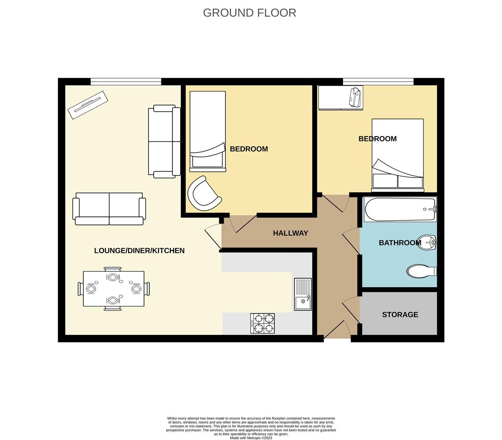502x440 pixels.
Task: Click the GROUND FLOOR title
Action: click(249, 13)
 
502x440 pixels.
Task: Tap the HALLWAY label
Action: click(291, 233)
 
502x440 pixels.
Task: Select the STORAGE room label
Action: click(400, 315)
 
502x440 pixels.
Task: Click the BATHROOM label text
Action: click(400, 243)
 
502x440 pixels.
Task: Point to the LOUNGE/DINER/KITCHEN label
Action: click(139, 251)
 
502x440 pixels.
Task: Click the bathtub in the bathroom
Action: click(400, 209)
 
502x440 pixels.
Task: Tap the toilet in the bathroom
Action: click(422, 271)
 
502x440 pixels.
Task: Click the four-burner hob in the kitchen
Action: click(262, 323)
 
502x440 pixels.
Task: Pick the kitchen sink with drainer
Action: click(303, 294)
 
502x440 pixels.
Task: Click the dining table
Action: click(114, 289)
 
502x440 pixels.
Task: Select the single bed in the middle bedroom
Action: click(208, 131)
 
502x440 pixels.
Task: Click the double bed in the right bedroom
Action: click(397, 155)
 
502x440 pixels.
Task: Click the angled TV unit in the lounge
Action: click(88, 105)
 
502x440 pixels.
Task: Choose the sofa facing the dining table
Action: click(109, 209)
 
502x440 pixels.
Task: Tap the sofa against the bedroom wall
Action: click(164, 141)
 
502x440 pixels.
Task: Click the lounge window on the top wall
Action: click(125, 81)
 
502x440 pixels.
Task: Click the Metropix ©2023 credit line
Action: click(251, 438)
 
